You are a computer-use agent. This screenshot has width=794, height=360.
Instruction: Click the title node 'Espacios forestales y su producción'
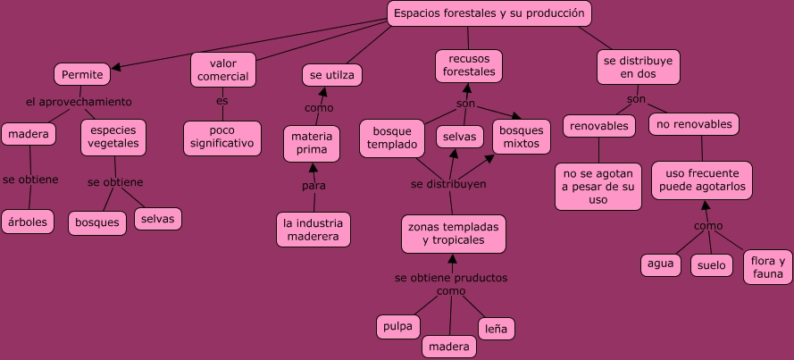[x=489, y=13]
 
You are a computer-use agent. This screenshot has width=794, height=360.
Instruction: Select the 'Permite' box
[x=82, y=74]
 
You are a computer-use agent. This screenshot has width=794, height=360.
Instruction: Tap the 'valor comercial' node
[x=222, y=70]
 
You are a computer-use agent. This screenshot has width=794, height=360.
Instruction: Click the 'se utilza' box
[x=331, y=76]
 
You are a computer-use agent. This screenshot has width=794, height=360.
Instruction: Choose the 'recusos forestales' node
[x=468, y=65]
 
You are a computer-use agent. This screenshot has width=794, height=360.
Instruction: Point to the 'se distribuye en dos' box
[x=638, y=67]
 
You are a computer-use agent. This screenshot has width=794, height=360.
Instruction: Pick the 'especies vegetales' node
[x=113, y=137]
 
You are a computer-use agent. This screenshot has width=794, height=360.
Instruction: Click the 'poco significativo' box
[x=222, y=137]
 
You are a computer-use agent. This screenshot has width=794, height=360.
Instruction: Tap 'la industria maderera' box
[x=313, y=230]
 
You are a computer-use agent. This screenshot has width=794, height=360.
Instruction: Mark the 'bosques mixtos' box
[x=521, y=137]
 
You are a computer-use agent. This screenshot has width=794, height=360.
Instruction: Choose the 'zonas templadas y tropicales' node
[x=453, y=233]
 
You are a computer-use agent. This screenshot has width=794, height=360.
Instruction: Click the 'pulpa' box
[x=397, y=326]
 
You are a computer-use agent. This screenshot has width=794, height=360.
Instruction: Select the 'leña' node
[x=496, y=329]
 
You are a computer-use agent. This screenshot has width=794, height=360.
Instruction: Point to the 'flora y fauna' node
[x=767, y=267]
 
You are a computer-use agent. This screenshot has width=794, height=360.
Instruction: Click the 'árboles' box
[x=28, y=221]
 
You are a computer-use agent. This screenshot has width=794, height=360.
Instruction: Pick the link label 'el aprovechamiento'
[x=79, y=102]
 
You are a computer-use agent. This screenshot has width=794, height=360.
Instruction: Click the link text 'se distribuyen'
[x=448, y=184]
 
